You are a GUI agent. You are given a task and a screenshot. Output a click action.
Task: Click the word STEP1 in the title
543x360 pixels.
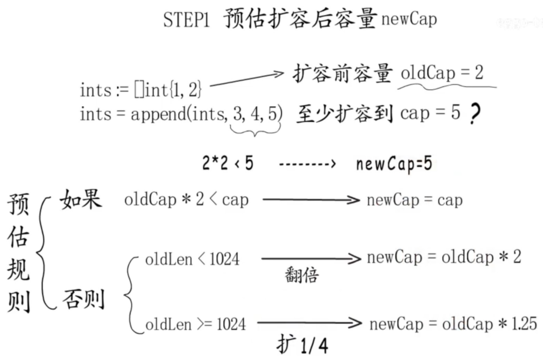(186, 20)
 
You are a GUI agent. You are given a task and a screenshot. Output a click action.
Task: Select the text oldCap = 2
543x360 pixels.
(442, 73)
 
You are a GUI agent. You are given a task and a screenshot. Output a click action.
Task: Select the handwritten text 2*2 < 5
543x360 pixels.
(227, 164)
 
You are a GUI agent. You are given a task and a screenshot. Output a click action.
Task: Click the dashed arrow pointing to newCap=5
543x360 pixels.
(307, 165)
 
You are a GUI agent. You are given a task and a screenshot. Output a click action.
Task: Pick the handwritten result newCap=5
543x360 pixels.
(394, 165)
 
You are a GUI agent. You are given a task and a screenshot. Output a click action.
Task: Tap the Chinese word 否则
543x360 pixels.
(83, 299)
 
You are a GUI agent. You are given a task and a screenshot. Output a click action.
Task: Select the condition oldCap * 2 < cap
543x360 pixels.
(186, 200)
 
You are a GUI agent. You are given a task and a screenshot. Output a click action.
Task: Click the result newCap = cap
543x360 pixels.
(414, 200)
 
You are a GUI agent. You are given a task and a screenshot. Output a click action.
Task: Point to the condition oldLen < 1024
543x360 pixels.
(192, 259)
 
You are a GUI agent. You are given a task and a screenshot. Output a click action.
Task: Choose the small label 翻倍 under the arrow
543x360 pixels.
(301, 274)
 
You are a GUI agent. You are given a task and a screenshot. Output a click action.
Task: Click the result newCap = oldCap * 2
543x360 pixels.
(443, 258)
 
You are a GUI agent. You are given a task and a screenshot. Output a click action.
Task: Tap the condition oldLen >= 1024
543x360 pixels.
(195, 324)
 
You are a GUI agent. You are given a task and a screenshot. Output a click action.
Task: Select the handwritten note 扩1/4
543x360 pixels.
(301, 344)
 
